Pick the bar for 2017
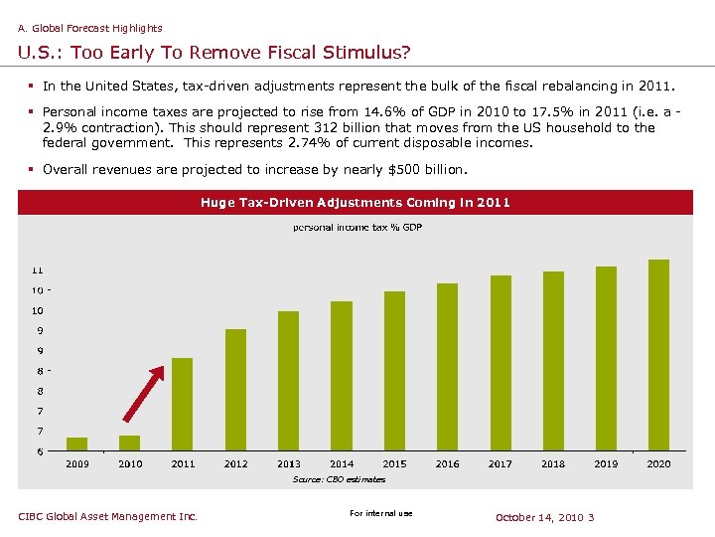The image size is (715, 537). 500,364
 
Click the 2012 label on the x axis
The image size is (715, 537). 236,463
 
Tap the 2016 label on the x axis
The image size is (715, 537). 448,463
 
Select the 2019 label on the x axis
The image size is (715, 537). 606,463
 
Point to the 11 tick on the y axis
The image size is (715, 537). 37,270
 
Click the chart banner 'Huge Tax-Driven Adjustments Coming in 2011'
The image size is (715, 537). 356,203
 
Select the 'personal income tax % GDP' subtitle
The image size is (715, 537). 357,228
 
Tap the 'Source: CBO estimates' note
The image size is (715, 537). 339,479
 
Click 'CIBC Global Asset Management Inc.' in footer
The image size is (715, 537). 108,516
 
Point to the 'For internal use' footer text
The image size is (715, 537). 381,513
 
